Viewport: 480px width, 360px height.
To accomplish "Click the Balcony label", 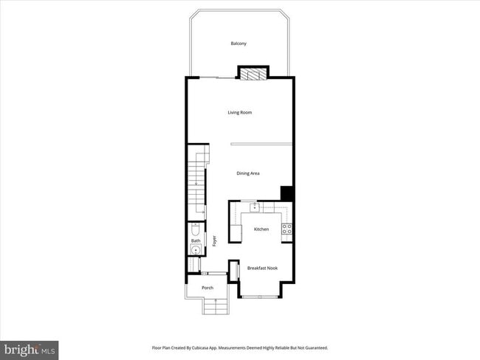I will click(x=239, y=44).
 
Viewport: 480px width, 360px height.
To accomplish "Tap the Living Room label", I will click(x=239, y=112).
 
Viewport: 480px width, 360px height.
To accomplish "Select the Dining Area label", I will click(x=248, y=173).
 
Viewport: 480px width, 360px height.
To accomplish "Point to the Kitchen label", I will click(x=261, y=229).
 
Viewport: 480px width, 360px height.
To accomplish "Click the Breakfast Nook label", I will click(x=261, y=269).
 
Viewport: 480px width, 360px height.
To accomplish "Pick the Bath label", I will click(x=196, y=240).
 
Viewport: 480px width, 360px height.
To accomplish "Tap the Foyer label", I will click(x=215, y=240).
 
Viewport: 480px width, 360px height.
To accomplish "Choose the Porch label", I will click(x=197, y=288).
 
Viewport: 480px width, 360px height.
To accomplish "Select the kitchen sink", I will click(x=253, y=207).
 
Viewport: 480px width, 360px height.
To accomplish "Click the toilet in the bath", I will click(x=194, y=229).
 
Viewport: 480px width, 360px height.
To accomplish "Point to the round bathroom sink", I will click(x=195, y=250).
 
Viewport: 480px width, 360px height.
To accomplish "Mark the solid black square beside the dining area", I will click(x=287, y=193).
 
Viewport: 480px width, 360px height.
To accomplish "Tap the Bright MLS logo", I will click(x=30, y=348).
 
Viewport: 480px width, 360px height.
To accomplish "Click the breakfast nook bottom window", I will click(x=258, y=297).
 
